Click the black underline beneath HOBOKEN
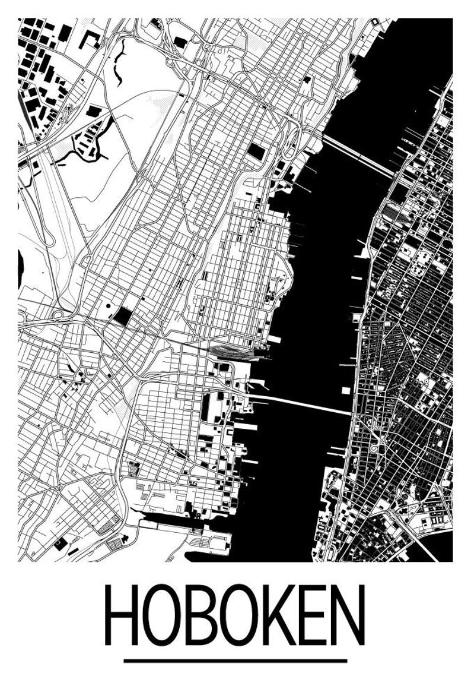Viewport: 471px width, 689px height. point(235,660)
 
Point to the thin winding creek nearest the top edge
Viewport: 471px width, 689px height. point(120,62)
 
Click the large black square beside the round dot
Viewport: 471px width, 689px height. point(124,315)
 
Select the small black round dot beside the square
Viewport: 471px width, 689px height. point(108,306)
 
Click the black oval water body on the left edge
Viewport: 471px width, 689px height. point(21,267)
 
